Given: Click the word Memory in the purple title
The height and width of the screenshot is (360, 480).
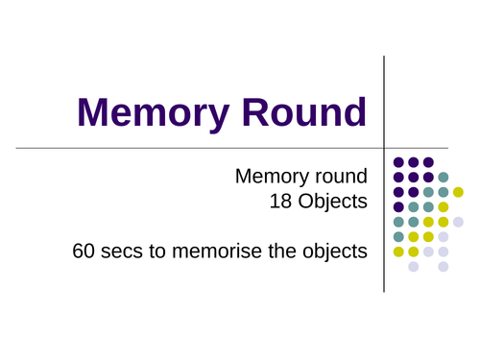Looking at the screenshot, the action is click(x=154, y=114).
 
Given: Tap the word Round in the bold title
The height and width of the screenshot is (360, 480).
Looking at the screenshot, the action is click(x=304, y=112).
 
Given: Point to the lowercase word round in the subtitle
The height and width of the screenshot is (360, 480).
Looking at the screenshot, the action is click(x=342, y=176).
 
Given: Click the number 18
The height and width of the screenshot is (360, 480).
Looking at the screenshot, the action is click(x=280, y=202).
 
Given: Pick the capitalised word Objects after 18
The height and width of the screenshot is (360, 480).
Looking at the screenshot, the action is click(x=333, y=203).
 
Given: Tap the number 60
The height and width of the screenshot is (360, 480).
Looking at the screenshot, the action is click(x=84, y=251).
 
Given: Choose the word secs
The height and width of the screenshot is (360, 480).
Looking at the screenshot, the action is click(x=122, y=252).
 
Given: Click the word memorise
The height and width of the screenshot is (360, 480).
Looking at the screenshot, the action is click(x=217, y=251).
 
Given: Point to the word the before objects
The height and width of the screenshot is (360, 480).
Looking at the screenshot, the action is click(x=281, y=251).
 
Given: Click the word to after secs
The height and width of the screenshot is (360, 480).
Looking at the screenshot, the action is click(x=157, y=252).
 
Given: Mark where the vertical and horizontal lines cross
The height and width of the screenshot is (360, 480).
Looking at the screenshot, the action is click(x=384, y=148).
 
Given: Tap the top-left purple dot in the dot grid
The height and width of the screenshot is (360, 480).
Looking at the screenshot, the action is click(x=398, y=162).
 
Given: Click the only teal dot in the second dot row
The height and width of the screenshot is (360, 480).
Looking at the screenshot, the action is click(x=444, y=177).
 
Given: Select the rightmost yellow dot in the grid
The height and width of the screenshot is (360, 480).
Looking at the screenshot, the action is click(x=458, y=192).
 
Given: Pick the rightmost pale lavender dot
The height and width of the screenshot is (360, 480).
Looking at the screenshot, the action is click(x=458, y=222).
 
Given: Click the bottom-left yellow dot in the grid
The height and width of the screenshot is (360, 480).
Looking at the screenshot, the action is click(x=398, y=252).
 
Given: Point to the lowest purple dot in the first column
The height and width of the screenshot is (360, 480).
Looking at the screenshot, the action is click(x=398, y=206).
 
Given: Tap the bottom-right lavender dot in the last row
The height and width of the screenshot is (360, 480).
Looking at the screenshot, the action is click(x=444, y=267).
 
